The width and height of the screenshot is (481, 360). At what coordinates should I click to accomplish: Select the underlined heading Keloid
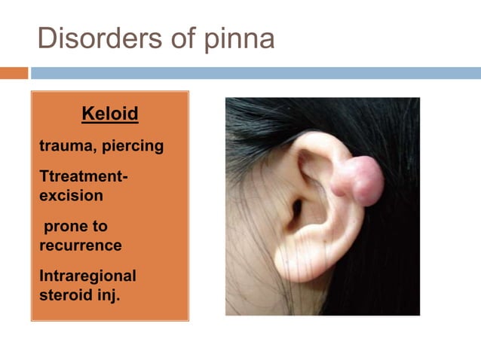109,114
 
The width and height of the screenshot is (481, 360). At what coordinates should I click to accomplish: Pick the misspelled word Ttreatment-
83,177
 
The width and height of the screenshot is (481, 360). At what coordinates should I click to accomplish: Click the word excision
71,195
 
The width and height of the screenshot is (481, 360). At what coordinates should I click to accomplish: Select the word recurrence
80,245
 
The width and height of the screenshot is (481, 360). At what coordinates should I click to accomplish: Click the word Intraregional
87,276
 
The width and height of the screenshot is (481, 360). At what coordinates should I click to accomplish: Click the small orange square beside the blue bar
14,73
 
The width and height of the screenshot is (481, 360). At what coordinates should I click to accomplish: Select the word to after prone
98,226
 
